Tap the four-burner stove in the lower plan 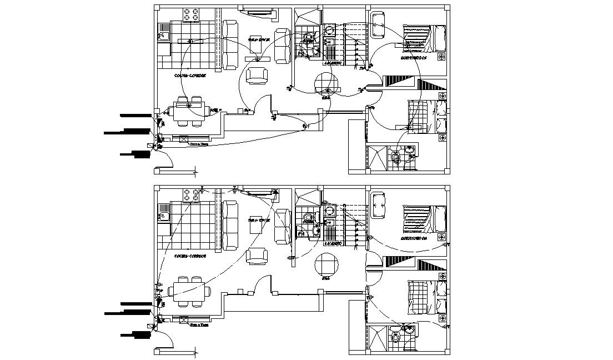192,194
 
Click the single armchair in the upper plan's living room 256,75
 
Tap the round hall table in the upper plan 326,83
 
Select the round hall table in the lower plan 326,263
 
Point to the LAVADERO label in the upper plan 333,64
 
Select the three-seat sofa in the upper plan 230,44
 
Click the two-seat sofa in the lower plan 282,226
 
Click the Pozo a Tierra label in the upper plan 198,144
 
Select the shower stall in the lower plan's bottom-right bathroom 379,336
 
